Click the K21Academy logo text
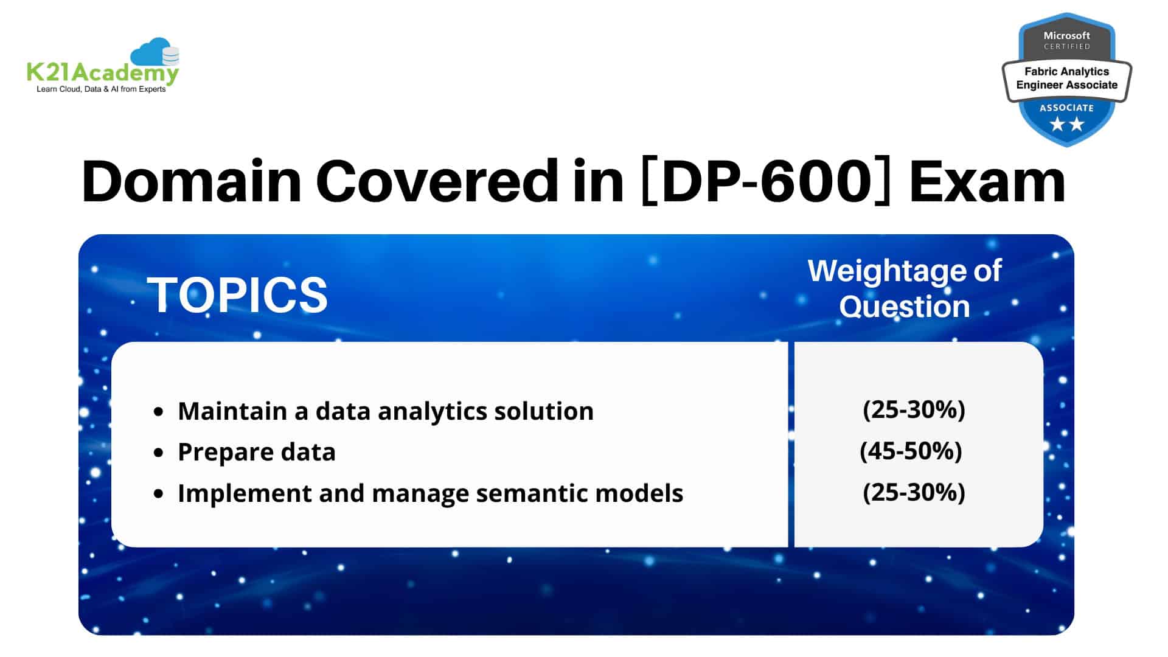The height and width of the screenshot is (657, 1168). [102, 74]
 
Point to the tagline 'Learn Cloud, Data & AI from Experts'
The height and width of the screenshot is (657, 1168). [101, 89]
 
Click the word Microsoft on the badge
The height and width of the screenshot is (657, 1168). [1067, 35]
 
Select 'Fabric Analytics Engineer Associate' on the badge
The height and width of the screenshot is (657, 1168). [1067, 78]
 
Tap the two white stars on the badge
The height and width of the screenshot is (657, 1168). [1067, 125]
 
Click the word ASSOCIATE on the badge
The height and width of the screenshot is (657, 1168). [1067, 108]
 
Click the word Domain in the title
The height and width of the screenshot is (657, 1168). [192, 181]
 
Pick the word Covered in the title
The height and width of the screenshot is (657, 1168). [437, 181]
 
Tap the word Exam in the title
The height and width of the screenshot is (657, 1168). [987, 181]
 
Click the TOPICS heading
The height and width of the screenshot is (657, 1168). [237, 295]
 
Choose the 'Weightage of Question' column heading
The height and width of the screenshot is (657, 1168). [905, 288]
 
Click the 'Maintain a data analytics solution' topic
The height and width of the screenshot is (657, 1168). [386, 412]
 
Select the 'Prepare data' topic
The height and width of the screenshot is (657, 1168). [257, 453]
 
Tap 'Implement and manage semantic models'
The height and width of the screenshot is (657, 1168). [431, 493]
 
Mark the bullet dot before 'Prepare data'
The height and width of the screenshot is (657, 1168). [159, 453]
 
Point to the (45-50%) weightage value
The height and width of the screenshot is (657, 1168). [911, 451]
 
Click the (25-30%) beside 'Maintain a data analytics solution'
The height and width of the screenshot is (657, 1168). [914, 410]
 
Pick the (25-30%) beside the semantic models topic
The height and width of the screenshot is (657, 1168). [914, 492]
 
